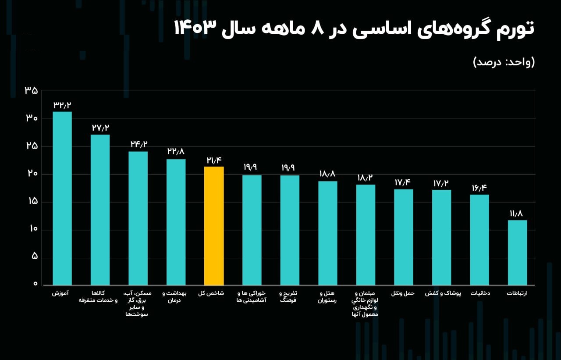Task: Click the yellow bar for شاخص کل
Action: (214, 226)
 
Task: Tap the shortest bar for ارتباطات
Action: (517, 253)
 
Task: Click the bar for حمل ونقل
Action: (403, 237)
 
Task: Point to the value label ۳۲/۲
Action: (62, 105)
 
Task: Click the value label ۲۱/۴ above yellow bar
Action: (214, 160)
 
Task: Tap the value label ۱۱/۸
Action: (517, 214)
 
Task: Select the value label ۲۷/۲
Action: (100, 128)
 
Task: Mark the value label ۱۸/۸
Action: (328, 174)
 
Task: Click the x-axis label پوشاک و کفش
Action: (441, 293)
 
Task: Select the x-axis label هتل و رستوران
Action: (329, 297)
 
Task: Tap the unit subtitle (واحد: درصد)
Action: (504, 62)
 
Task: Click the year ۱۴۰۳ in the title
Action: (195, 29)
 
